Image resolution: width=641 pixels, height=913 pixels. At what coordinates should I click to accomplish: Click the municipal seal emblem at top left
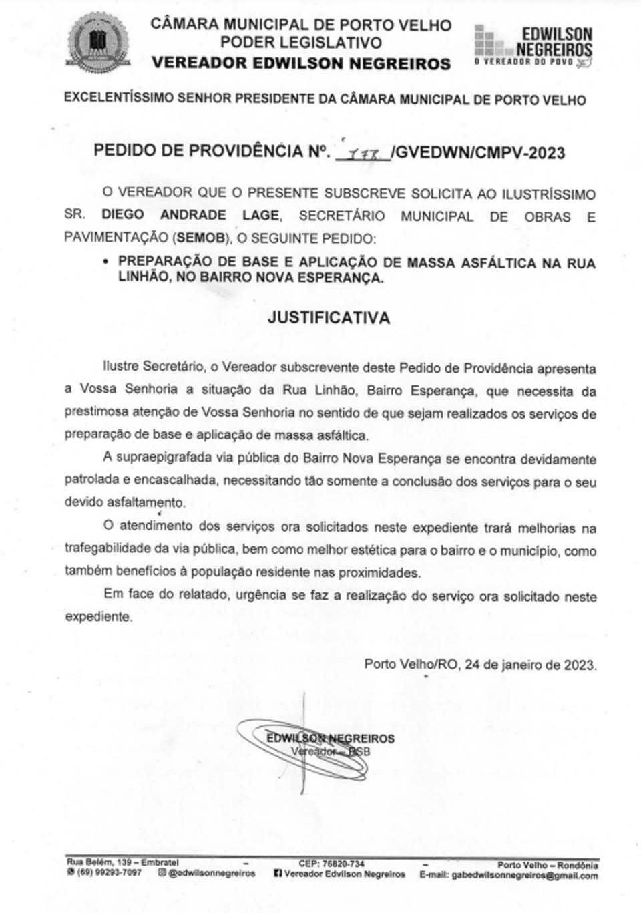(98, 43)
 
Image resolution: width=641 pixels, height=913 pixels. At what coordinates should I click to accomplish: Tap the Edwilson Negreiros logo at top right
(533, 46)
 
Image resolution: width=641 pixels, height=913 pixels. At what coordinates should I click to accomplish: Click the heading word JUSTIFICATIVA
(329, 318)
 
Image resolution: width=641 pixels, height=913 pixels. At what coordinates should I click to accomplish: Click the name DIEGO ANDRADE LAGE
(190, 216)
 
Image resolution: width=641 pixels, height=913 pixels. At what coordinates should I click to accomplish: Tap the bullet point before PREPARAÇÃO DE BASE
(105, 262)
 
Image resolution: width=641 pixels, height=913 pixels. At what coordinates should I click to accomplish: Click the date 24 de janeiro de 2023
(530, 665)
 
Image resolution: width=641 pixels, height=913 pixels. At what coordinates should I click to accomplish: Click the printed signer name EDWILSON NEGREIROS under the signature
(331, 739)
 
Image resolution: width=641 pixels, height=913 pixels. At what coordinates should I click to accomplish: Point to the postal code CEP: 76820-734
(331, 864)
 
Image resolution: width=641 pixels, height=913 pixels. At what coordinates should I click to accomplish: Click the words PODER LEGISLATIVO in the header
(301, 43)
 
